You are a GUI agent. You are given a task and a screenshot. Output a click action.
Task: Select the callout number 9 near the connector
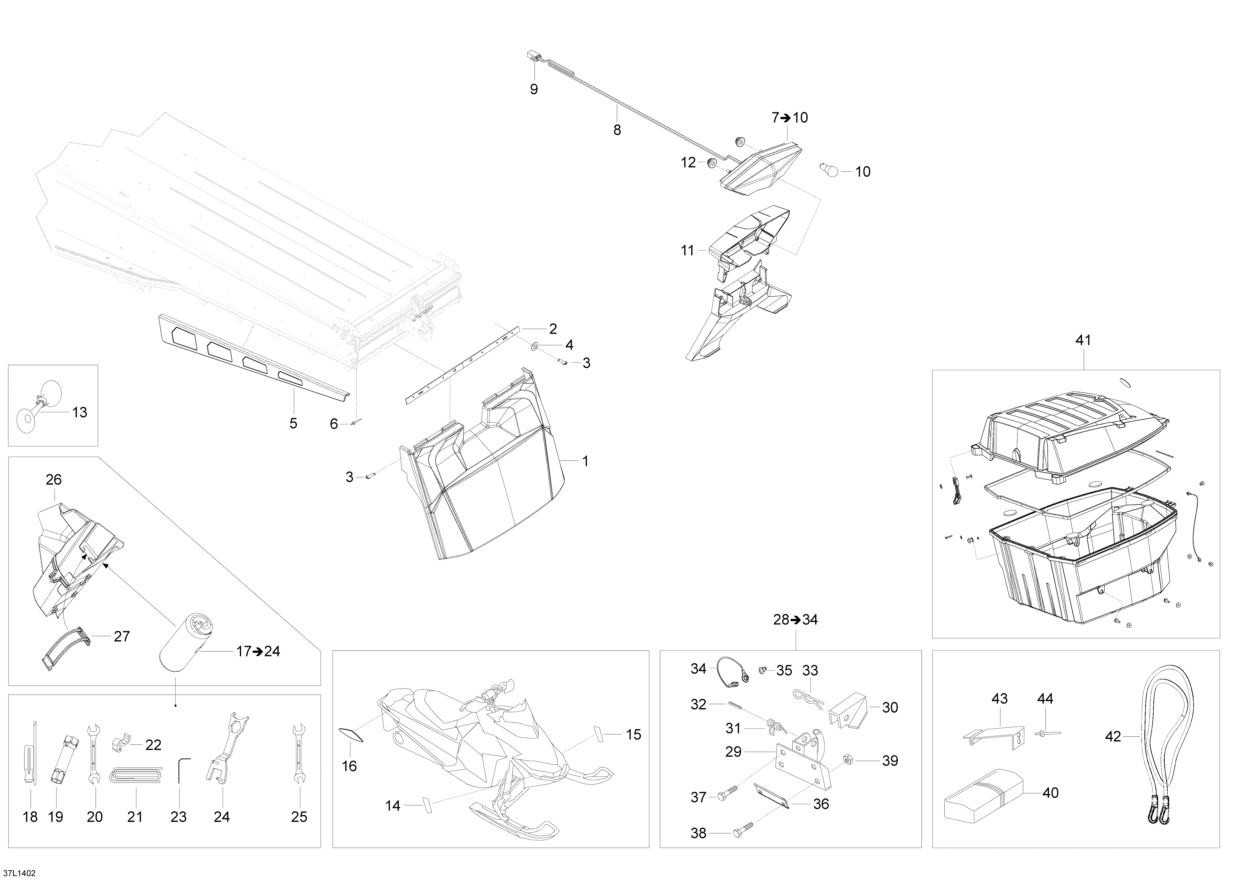pos(534,89)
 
